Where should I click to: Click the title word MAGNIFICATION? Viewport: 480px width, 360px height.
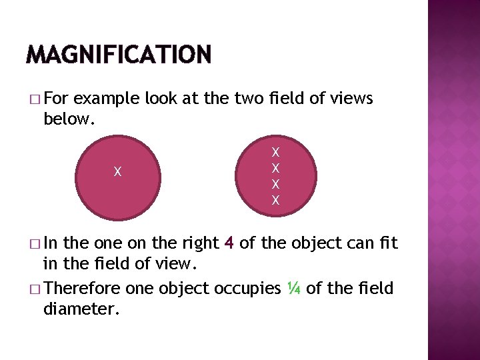pos(118,53)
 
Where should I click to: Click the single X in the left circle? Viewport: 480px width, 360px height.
pos(117,172)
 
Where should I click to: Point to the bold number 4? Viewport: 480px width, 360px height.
pos(229,243)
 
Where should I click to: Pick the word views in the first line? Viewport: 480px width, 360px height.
pos(352,99)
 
